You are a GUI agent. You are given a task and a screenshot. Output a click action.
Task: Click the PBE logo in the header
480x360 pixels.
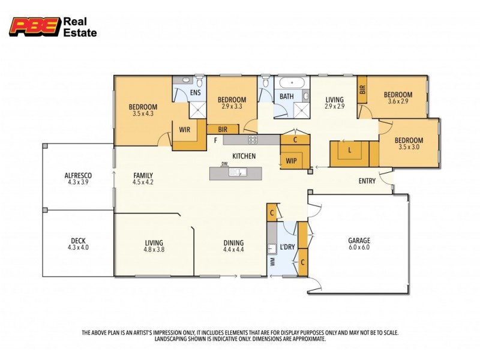click(35, 26)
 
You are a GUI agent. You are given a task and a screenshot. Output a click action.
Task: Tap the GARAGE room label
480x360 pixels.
click(359, 241)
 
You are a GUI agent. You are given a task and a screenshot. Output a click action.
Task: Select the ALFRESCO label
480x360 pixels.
click(78, 176)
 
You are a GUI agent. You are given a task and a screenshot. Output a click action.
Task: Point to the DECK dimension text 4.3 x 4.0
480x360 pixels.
click(78, 247)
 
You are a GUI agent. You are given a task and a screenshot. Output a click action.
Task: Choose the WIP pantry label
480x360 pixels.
click(292, 161)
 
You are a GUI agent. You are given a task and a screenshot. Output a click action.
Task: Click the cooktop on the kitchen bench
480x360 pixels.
click(253, 140)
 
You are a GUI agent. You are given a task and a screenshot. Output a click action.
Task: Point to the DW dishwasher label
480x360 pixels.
click(224, 164)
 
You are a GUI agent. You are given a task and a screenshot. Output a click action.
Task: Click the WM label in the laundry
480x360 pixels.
click(272, 262)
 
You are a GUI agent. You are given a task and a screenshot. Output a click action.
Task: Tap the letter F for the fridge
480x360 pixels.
click(215, 140)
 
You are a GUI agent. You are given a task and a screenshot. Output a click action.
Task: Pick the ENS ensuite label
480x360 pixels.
click(196, 93)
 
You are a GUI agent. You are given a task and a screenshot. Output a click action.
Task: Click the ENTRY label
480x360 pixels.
click(368, 181)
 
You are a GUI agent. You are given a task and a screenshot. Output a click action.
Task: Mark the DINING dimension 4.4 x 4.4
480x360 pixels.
click(233, 250)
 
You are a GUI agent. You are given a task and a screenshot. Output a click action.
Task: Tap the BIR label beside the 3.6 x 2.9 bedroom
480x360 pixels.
click(362, 90)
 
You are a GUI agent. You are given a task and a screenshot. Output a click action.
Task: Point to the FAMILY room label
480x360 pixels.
click(143, 176)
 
